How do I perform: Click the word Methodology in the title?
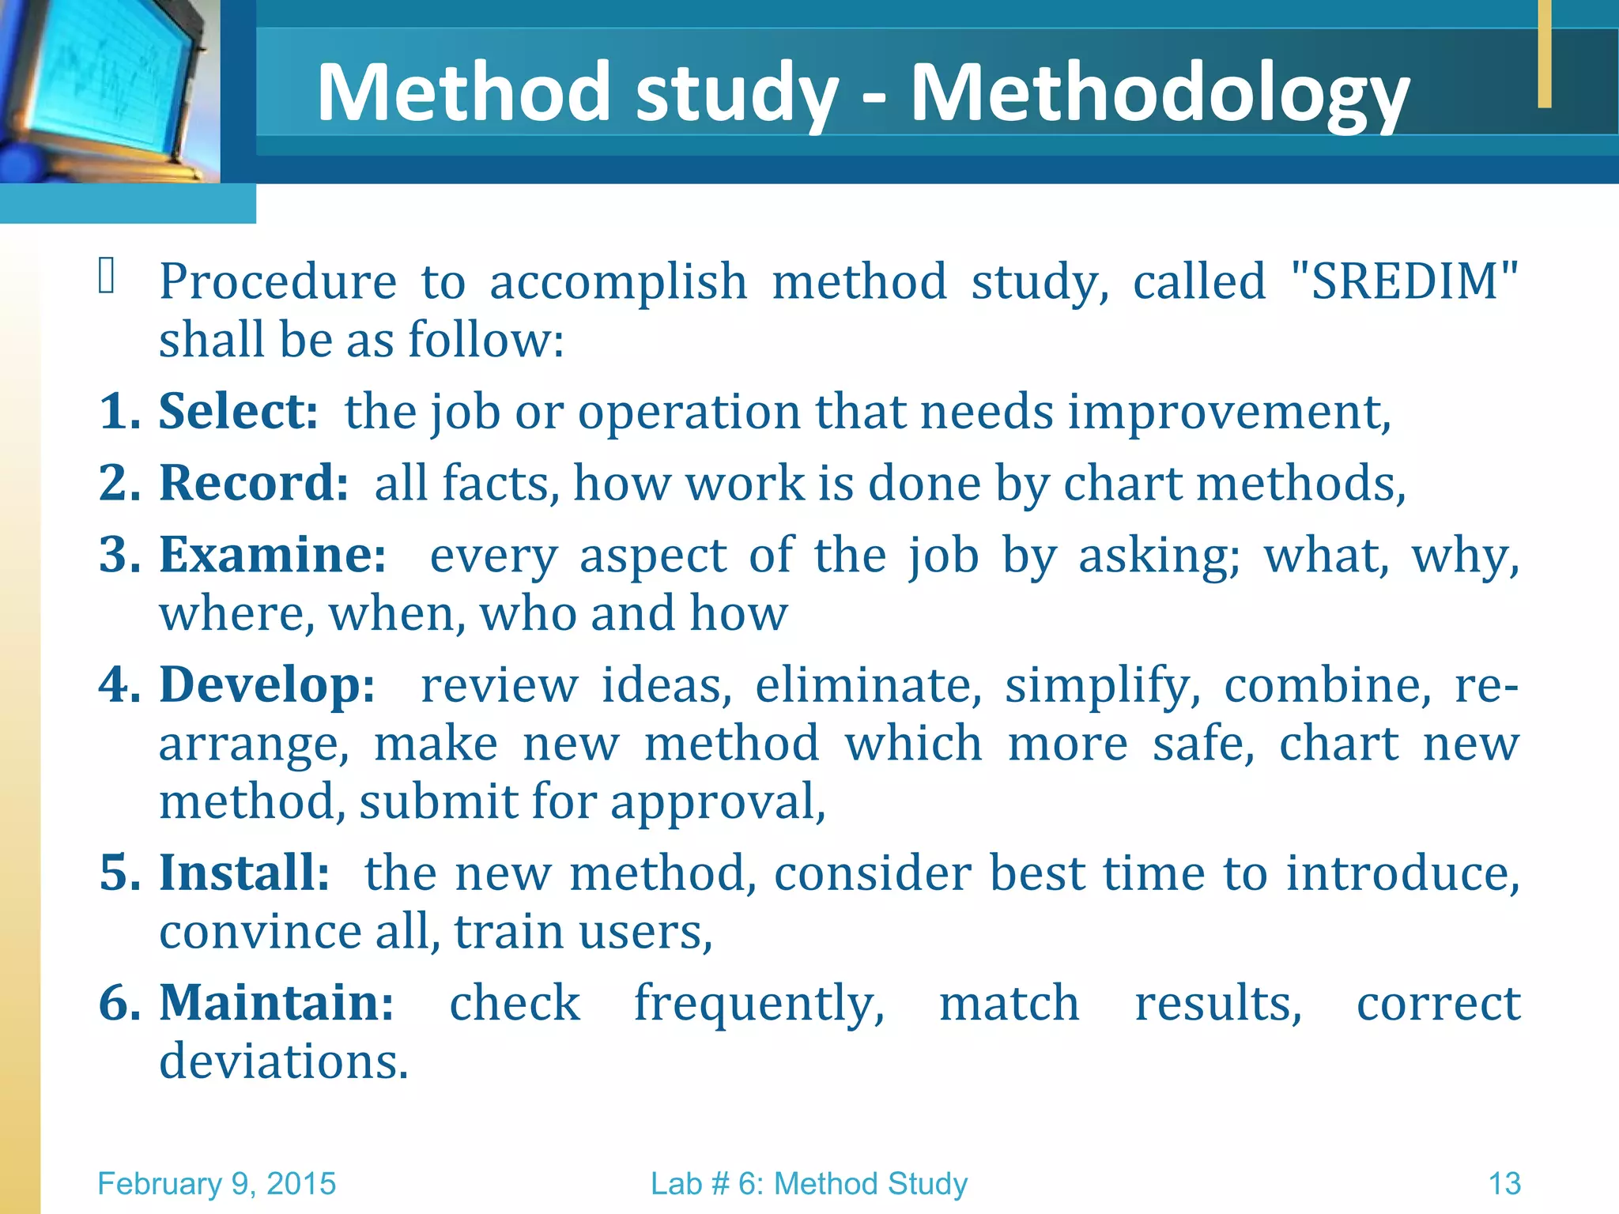1159,93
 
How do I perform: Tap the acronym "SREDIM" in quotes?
1404,281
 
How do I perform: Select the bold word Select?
238,411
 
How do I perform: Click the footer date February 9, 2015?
217,1184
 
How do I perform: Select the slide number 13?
1504,1184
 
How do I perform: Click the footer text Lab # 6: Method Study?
809,1184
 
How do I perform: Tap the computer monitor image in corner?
107,87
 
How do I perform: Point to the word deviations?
283,1061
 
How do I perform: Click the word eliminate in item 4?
867,684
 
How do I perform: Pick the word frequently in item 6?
758,1004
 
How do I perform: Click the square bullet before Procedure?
107,277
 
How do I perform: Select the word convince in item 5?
260,932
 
